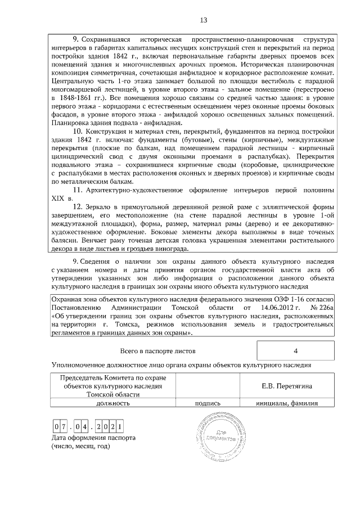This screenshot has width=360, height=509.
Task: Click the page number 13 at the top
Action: pos(204,21)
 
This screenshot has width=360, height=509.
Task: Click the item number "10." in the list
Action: pos(79,131)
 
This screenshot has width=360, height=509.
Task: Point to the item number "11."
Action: pos(79,191)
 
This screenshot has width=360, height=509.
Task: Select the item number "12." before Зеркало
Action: pos(79,207)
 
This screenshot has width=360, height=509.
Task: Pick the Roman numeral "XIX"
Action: pos(58,199)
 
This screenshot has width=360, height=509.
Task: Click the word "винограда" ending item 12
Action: pos(166,249)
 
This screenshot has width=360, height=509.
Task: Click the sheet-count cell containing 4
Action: pos(295,352)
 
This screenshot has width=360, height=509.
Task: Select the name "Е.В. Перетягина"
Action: pos(287,386)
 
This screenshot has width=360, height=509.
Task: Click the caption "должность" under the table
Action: pos(112,403)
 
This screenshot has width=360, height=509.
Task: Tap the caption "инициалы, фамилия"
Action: pos(287,403)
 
